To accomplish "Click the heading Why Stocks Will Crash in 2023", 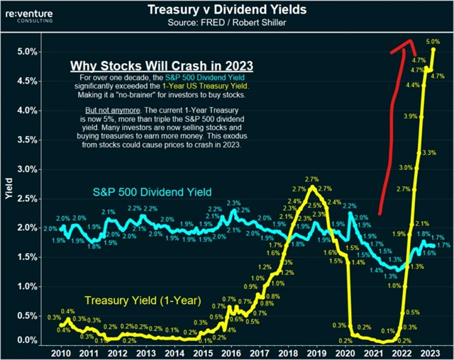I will tap(161, 65).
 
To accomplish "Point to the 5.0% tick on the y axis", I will tap(26, 52).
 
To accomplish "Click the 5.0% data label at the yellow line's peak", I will tap(433, 42).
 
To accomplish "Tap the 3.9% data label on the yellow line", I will tap(409, 116).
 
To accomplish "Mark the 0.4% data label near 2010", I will tap(67, 312).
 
